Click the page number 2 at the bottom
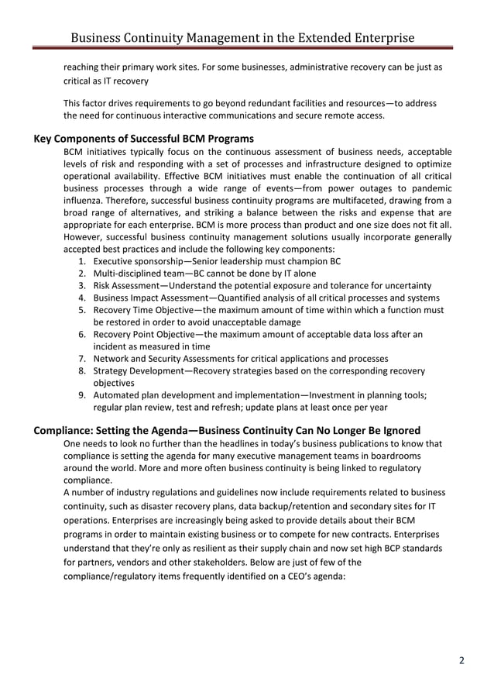[x=461, y=660]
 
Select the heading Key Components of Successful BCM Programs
[x=144, y=139]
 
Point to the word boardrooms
[x=410, y=456]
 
